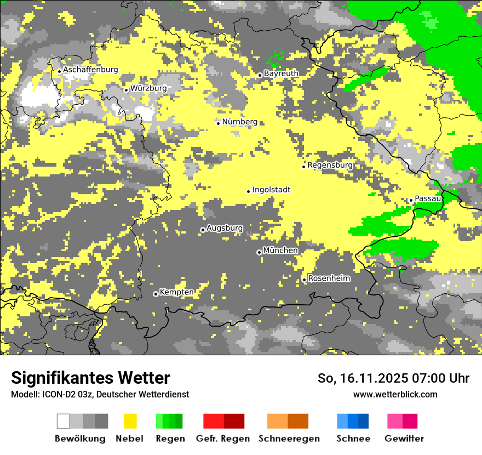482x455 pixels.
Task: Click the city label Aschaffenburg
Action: [x=90, y=70]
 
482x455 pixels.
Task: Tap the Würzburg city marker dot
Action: [x=126, y=90]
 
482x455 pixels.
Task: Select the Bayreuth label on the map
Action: [x=281, y=73]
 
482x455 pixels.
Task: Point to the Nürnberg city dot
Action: [x=218, y=123]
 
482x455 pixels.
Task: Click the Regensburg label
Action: [x=330, y=165]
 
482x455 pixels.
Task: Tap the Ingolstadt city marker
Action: [x=248, y=191]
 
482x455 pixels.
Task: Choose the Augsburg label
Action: [x=225, y=228]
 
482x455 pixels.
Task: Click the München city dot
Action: [x=259, y=253]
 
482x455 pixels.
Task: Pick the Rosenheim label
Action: [x=329, y=278]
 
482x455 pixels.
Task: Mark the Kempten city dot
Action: [x=156, y=294]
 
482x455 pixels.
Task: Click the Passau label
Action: [x=428, y=198]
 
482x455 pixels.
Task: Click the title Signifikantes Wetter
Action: [x=90, y=378]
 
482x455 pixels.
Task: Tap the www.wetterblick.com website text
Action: [x=395, y=394]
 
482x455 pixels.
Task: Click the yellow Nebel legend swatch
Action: [x=130, y=421]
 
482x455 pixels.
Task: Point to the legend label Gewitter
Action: [x=404, y=439]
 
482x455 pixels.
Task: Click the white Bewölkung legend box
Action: [x=64, y=421]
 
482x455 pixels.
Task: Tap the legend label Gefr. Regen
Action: [x=222, y=439]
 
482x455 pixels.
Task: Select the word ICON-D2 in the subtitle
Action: [x=58, y=394]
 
